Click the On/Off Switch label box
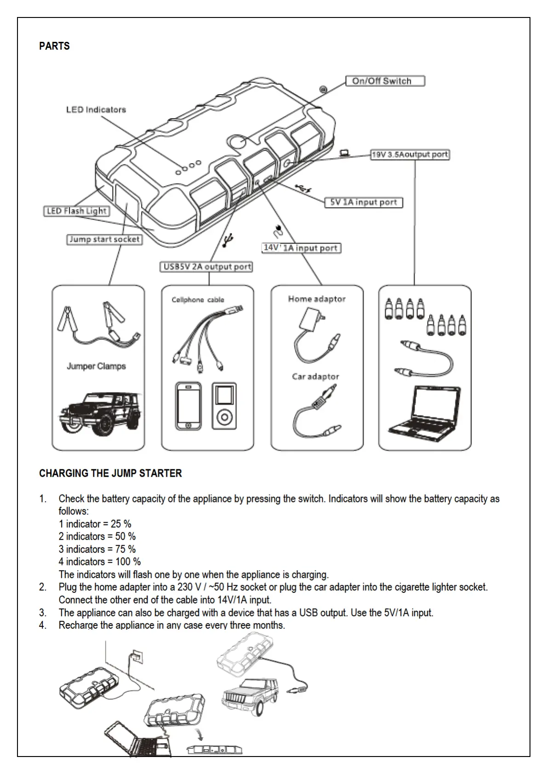[x=385, y=81]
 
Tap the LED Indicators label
[x=96, y=110]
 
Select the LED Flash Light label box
[x=76, y=211]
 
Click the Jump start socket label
[x=104, y=239]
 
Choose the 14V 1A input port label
[x=301, y=248]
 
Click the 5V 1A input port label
[x=364, y=203]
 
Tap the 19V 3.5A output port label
[x=410, y=155]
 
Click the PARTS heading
[x=54, y=46]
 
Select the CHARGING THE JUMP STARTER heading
[x=110, y=473]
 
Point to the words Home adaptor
[x=317, y=299]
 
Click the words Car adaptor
[x=315, y=377]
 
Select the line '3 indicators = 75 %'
[x=97, y=549]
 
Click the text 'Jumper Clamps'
[x=96, y=366]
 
